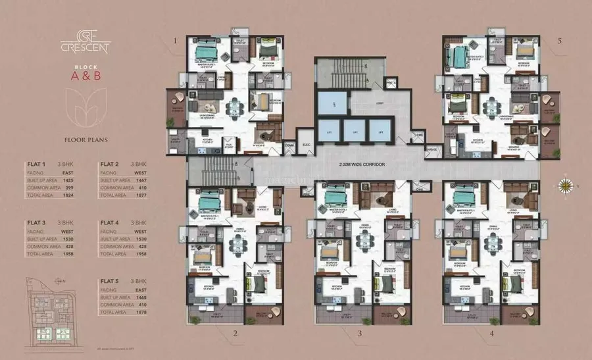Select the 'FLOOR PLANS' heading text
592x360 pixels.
click(x=86, y=140)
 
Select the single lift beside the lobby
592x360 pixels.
click(x=332, y=104)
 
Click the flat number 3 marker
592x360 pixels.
click(x=360, y=334)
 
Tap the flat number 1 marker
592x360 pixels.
click(x=176, y=41)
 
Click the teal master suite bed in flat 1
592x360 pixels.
click(x=207, y=51)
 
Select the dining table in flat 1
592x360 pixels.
click(x=234, y=107)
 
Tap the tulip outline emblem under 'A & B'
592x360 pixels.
click(x=86, y=109)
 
